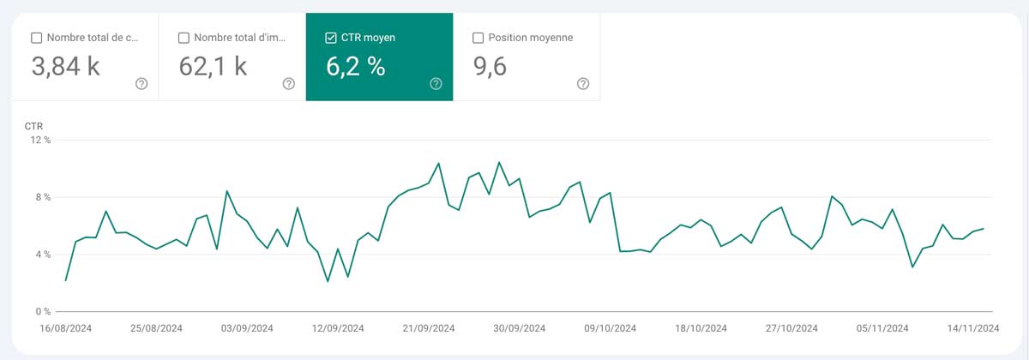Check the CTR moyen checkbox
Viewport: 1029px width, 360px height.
pos(331,38)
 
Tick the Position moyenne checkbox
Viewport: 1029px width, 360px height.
pos(478,38)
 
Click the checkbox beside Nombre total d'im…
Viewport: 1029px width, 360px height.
pos(184,38)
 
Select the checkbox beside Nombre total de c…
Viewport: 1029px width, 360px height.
pos(36,38)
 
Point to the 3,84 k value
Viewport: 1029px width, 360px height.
pos(66,66)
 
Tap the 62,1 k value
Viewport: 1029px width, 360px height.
pos(214,66)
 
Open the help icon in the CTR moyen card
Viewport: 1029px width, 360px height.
pos(436,83)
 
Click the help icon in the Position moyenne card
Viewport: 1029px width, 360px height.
pos(583,83)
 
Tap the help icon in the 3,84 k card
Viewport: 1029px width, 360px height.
pos(141,83)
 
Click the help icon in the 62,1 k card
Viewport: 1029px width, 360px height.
pos(289,83)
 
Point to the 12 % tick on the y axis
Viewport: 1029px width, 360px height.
pos(40,141)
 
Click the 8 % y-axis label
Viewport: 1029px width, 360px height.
pos(42,197)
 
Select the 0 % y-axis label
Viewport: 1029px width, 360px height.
pos(42,311)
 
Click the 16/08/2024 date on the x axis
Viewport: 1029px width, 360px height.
pos(66,328)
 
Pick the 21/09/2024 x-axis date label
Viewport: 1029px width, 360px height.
pos(429,328)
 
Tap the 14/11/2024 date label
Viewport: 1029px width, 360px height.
pos(972,328)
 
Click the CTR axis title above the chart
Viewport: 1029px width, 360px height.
pos(33,126)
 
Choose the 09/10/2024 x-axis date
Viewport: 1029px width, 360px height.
pos(610,328)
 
